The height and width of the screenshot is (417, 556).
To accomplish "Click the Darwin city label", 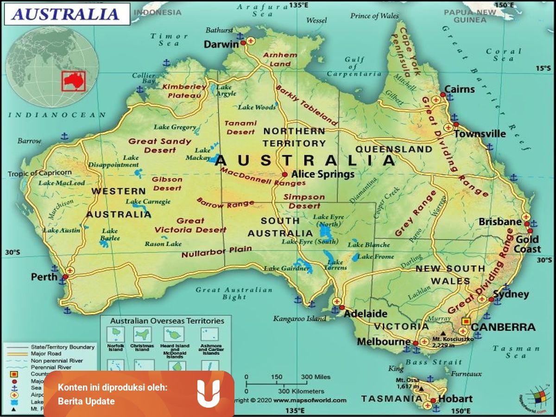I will click(221, 44).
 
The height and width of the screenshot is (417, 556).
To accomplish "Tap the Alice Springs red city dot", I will click(284, 175).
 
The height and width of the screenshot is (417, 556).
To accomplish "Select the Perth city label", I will click(44, 277).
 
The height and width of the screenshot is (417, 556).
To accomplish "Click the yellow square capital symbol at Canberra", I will click(466, 321).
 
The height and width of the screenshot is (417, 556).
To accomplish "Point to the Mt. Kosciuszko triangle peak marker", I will click(444, 333).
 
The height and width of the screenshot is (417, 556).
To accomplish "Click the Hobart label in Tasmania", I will click(456, 398).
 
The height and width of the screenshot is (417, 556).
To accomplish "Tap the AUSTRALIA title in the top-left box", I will click(66, 14).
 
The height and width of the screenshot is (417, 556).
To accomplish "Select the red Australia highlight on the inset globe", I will click(74, 81).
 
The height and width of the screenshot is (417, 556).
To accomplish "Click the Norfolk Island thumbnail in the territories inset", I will click(115, 334).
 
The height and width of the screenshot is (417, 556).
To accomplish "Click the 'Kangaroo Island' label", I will click(300, 318).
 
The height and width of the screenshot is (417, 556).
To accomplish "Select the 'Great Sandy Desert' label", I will click(160, 145).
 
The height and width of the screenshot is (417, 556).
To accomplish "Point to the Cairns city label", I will click(459, 89).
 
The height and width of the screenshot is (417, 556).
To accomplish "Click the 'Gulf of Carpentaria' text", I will click(354, 67).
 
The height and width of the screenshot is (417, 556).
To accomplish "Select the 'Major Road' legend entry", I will click(46, 354).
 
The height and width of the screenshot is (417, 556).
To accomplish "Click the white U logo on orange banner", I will click(208, 393).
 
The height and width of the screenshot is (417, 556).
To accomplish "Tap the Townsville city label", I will click(480, 133).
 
